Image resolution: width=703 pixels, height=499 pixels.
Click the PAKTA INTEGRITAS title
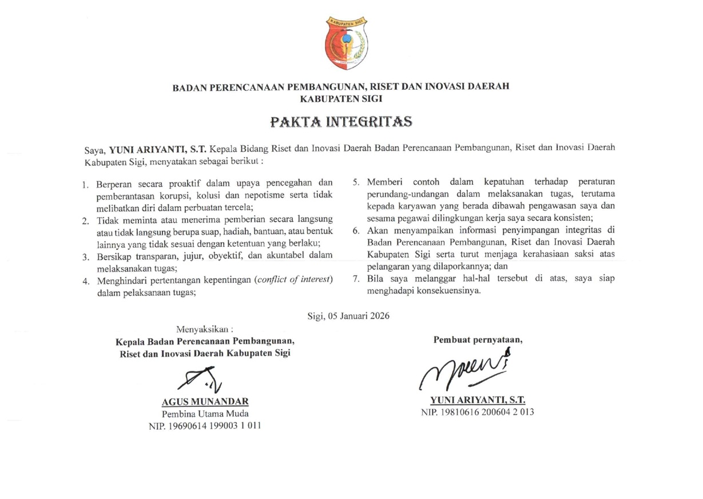click(341, 122)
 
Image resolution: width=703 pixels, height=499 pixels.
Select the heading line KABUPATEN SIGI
click(341, 98)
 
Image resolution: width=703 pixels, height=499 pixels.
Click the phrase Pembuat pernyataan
click(478, 339)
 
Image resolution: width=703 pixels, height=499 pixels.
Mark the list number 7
click(355, 279)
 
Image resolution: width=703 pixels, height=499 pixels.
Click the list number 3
click(85, 256)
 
